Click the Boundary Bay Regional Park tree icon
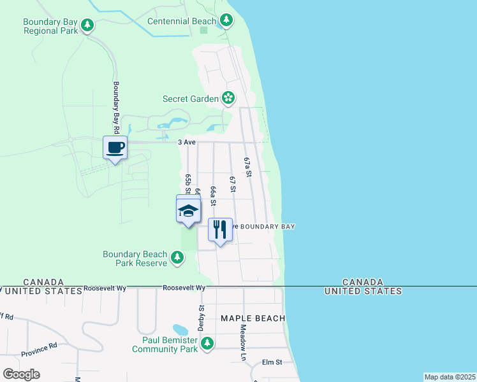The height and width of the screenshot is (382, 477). (87, 26)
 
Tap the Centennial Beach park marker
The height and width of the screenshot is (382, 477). (226, 21)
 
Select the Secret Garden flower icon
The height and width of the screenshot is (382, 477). (228, 98)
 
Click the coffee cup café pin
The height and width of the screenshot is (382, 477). (115, 148)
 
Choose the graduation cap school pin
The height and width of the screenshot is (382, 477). (188, 210)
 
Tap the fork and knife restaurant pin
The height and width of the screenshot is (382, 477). (220, 229)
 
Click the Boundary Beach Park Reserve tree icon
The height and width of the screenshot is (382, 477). (177, 258)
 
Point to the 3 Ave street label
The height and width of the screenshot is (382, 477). (186, 143)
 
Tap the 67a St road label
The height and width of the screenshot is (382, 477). (248, 167)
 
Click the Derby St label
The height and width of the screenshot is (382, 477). (202, 316)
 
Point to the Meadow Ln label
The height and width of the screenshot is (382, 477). (243, 343)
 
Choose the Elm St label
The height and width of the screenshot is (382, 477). (272, 362)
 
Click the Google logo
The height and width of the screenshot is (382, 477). (21, 374)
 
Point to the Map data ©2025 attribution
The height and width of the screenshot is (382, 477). (449, 377)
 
